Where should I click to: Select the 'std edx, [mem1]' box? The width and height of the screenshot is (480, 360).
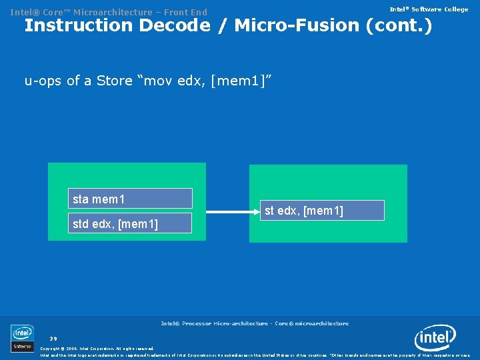coord(131,223)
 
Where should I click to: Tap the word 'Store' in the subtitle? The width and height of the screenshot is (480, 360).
coord(114,81)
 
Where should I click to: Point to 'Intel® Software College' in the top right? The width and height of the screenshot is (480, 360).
coord(429,9)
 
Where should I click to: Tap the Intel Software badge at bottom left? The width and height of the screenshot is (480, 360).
coord(22,337)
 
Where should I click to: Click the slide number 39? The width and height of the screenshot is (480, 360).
coord(53,338)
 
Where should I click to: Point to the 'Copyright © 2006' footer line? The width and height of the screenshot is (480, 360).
coord(97,348)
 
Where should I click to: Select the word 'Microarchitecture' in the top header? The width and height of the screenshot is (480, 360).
coord(113,12)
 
